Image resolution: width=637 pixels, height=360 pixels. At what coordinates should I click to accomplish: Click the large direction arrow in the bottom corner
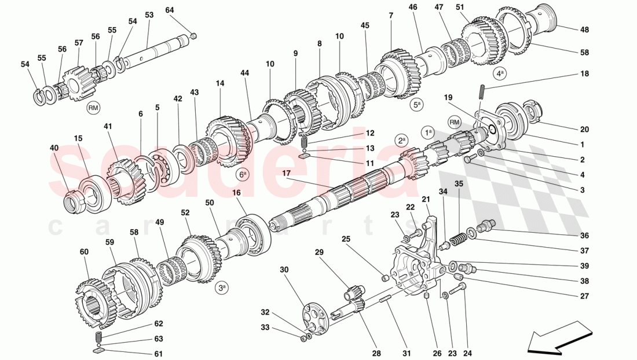pos(553,340)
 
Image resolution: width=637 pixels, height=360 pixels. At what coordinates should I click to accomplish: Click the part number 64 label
pos(169,10)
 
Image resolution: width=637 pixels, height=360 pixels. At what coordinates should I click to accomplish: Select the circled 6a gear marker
pos(242,174)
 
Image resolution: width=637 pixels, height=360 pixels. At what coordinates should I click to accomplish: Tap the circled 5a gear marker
pos(416,105)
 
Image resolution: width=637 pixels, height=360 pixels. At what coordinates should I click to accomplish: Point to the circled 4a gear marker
pos(500,74)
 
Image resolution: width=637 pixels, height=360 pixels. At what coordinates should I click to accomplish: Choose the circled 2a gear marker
pos(401,140)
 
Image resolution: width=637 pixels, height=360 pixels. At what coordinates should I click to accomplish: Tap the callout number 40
pos(54,148)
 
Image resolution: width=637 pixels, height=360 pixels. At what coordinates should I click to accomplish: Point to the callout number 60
pos(84,252)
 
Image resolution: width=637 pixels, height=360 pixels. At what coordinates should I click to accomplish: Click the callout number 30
pos(284,270)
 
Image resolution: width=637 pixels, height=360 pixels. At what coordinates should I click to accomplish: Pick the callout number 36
pos(584,236)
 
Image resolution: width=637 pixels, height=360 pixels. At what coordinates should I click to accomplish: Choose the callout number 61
pos(158,354)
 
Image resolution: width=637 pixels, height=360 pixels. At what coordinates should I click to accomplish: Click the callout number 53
pos(149,15)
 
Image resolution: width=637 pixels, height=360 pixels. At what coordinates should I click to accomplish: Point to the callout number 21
pos(426,200)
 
